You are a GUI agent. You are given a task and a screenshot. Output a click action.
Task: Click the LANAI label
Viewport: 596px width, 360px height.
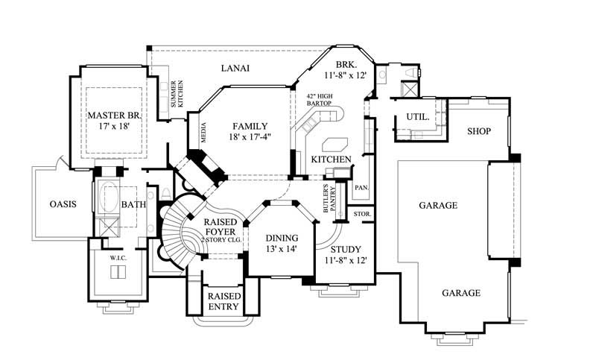(x=235, y=69)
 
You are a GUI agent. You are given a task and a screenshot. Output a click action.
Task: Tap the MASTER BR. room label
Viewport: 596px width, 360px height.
(x=114, y=116)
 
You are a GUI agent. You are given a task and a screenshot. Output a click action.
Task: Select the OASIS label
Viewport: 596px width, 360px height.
(x=63, y=204)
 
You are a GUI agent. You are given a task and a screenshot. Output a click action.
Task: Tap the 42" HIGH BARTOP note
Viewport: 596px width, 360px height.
(x=319, y=100)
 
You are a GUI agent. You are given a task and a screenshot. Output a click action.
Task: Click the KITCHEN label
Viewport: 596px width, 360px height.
(x=331, y=160)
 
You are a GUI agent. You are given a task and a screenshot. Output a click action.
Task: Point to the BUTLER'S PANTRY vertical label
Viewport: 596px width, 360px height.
(x=329, y=200)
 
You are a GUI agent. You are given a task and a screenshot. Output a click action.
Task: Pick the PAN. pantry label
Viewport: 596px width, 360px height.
(x=361, y=187)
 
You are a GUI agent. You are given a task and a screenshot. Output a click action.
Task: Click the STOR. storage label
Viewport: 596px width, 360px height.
(x=362, y=214)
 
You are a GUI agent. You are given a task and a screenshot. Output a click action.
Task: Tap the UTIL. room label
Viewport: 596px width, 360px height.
(x=416, y=117)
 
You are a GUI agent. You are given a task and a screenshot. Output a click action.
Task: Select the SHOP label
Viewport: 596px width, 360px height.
(x=478, y=131)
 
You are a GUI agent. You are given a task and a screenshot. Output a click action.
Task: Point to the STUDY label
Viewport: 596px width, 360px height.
(x=346, y=249)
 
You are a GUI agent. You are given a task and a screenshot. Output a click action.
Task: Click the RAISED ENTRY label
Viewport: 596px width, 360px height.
(x=223, y=300)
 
